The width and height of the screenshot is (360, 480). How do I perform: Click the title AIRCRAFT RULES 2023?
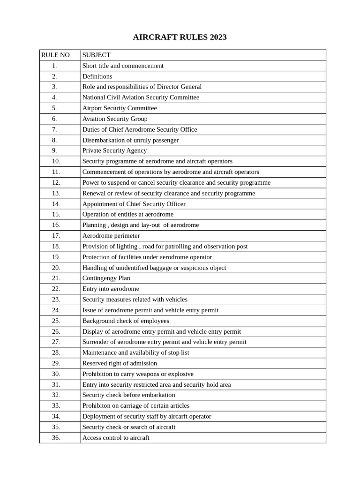180,37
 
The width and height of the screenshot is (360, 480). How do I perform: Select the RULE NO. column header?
56,55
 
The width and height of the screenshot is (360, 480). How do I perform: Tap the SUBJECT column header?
97,55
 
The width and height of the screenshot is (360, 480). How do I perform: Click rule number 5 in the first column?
55,108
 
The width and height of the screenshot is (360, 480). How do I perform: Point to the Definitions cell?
97,76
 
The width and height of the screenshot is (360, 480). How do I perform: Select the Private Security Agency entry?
114,150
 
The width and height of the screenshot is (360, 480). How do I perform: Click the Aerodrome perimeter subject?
111,236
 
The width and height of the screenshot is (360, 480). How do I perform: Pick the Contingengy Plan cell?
106,278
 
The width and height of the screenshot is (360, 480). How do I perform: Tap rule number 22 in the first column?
56,289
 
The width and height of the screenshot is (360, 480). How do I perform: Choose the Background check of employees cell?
126,321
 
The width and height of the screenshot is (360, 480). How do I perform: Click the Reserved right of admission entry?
120,363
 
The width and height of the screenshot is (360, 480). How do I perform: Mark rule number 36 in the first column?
56,438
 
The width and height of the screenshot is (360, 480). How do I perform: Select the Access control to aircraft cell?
116,438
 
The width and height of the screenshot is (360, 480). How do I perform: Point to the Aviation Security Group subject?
115,119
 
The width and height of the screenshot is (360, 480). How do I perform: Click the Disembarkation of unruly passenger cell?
130,140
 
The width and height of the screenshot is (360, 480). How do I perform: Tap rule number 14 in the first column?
56,204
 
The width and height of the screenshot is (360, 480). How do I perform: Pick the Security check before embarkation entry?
128,395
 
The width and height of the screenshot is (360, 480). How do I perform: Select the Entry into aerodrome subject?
111,289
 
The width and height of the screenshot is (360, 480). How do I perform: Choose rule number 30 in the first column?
56,374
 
